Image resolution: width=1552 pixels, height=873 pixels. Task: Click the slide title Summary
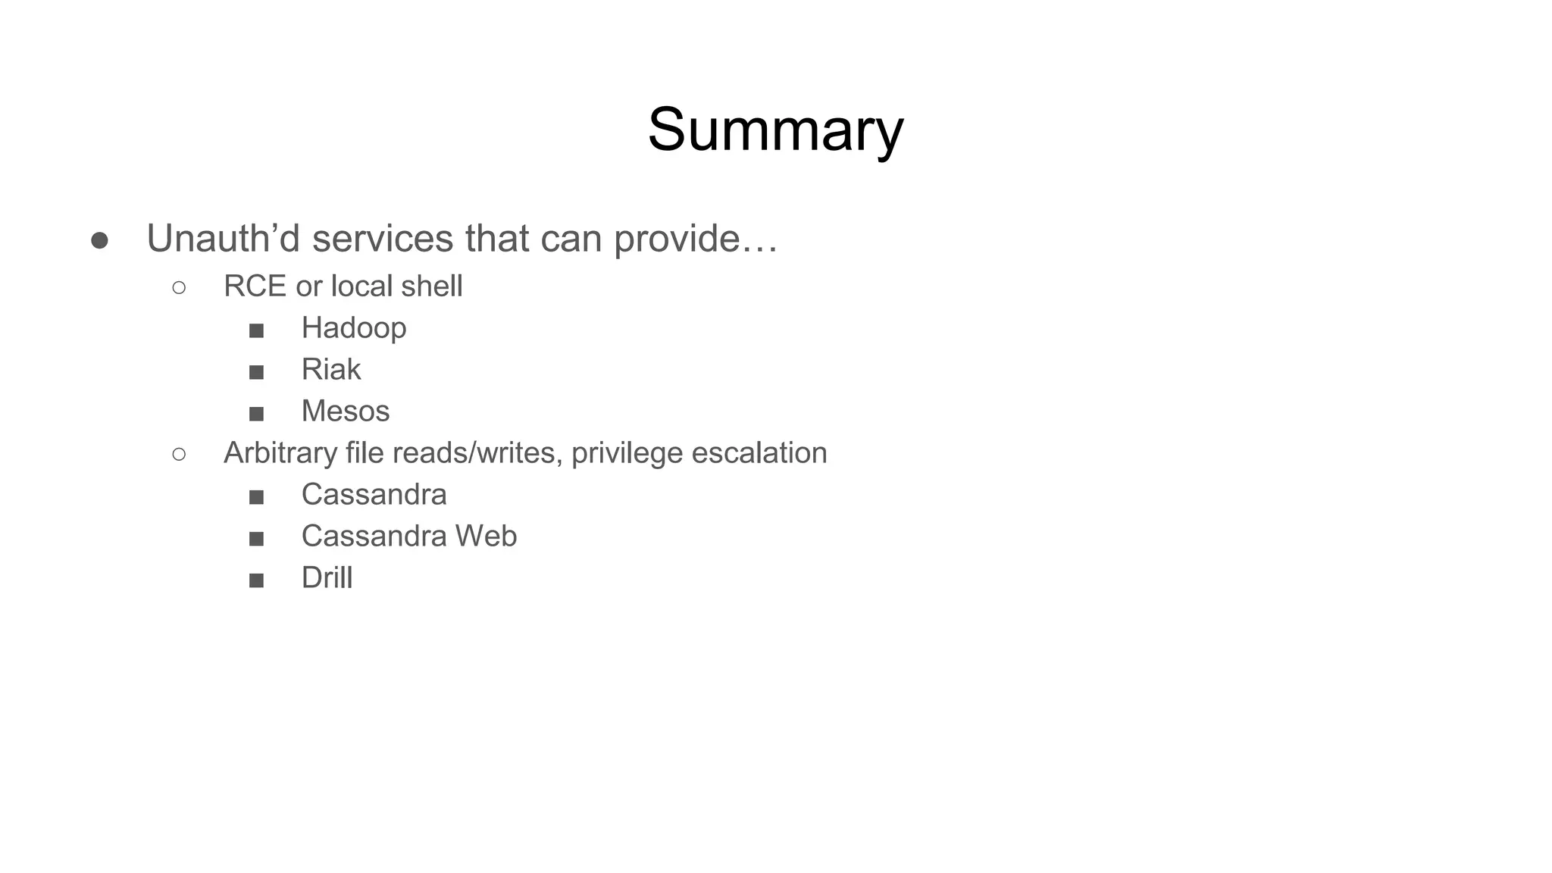[x=775, y=130]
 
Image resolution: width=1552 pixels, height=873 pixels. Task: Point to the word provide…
[x=696, y=239]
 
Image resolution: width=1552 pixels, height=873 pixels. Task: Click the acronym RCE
[x=255, y=286]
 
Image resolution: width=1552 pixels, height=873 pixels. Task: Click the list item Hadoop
[x=354, y=328]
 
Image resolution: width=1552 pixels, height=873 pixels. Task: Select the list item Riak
[x=331, y=370]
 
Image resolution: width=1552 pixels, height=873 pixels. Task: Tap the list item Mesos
[x=346, y=411]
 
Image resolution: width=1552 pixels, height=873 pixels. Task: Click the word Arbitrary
[x=280, y=453]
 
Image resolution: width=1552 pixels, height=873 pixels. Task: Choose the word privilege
[x=627, y=453]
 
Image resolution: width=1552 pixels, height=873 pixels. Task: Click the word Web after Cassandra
[x=486, y=537]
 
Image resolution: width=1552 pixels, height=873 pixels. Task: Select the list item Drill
[x=327, y=578]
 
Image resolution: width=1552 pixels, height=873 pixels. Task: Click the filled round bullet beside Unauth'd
[x=99, y=241]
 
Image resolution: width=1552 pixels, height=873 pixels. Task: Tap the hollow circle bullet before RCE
[x=179, y=287]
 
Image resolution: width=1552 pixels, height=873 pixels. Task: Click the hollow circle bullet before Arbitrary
[x=179, y=454]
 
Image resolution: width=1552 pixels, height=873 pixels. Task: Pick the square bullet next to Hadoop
[x=256, y=330]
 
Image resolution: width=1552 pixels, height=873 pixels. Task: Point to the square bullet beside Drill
[x=256, y=580]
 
